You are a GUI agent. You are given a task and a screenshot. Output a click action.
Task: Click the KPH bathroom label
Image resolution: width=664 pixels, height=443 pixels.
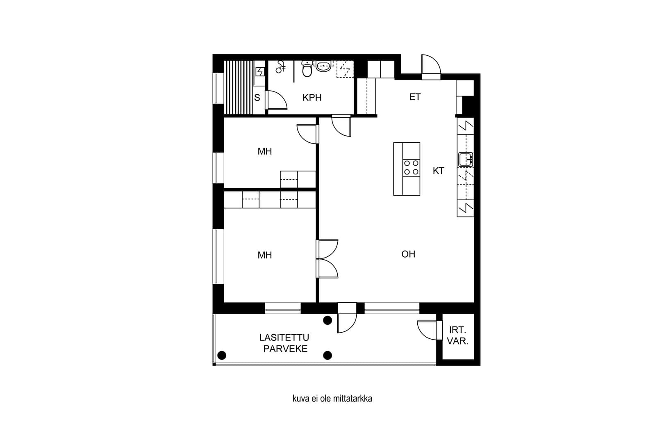tap(312, 98)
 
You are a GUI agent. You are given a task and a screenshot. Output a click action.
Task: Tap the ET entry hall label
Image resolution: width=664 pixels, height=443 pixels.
tap(415, 97)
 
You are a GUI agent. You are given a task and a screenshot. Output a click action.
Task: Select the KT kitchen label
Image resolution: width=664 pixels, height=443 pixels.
tap(439, 171)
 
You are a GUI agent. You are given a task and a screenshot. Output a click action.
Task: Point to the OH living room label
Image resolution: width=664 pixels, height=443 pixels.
tap(408, 254)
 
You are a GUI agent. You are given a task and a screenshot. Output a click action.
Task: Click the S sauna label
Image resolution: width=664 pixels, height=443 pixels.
tap(257, 98)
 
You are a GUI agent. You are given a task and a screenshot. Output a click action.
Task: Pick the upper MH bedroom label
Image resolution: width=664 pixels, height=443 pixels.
tap(265, 151)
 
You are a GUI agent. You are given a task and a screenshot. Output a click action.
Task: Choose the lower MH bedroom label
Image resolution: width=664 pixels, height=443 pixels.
tap(265, 255)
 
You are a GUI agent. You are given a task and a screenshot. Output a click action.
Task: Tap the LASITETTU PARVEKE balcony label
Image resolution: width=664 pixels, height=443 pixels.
tap(284, 343)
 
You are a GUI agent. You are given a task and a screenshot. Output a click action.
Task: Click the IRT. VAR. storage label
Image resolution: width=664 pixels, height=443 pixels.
tap(458, 335)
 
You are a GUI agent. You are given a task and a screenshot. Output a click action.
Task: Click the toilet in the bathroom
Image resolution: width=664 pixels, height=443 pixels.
tap(307, 69)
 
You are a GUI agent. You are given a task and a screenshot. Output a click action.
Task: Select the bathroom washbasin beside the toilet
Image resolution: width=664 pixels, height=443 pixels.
tap(323, 66)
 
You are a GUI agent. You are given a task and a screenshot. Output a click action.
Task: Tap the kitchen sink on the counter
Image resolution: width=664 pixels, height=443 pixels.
tap(465, 160)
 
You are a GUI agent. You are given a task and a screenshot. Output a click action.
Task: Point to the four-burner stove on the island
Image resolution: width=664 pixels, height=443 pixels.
tap(411, 168)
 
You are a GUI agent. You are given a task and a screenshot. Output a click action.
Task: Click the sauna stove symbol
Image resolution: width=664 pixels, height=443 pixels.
tap(260, 72)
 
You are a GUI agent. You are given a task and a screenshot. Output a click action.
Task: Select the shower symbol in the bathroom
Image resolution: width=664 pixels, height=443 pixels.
tap(280, 67)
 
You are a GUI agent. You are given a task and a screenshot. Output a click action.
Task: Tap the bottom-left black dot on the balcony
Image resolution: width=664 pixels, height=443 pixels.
tap(222, 355)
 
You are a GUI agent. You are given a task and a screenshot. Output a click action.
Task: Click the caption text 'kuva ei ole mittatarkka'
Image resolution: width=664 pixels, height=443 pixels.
tap(332, 398)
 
